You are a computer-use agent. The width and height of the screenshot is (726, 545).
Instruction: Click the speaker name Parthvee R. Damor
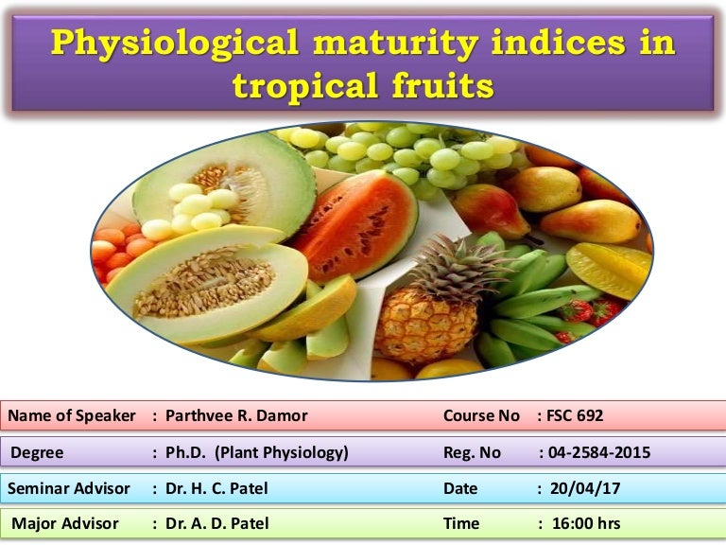[x=236, y=416]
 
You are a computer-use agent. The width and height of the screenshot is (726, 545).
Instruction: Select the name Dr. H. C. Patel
[x=215, y=488]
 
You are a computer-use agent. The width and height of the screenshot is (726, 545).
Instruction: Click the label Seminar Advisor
[x=69, y=488]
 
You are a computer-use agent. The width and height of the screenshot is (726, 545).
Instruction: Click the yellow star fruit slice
[x=610, y=270]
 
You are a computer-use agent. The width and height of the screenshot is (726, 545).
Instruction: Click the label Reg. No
[x=472, y=452]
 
